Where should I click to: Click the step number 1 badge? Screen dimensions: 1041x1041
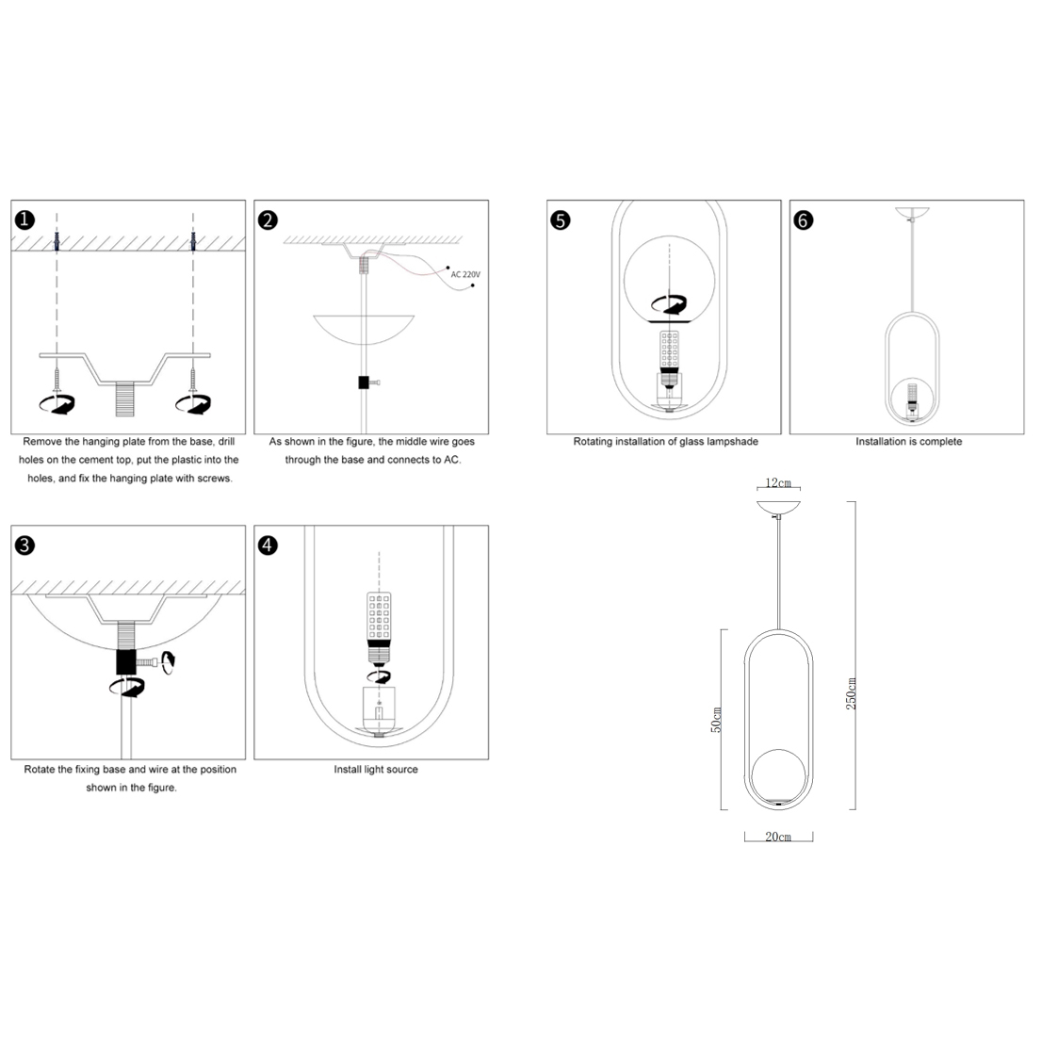(x=24, y=220)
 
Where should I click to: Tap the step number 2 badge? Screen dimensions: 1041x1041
(x=268, y=220)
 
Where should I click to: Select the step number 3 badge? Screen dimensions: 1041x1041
(x=24, y=545)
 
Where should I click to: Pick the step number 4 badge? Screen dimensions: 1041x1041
(x=268, y=545)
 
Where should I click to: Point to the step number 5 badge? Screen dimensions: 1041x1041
(x=561, y=220)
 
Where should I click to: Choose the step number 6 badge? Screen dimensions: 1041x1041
(x=804, y=220)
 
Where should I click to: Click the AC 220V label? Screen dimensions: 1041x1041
(x=465, y=275)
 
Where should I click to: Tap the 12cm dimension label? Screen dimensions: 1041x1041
(x=778, y=482)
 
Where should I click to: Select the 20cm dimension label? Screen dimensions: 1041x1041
(x=778, y=837)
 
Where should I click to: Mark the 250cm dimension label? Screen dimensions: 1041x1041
(x=851, y=693)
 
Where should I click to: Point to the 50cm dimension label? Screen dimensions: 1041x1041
(x=716, y=720)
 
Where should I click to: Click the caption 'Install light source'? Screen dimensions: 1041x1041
(x=376, y=770)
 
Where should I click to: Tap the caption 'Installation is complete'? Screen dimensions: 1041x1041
(x=908, y=442)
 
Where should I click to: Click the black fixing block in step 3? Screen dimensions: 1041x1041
(x=125, y=662)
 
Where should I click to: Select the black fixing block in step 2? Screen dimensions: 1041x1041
(x=364, y=382)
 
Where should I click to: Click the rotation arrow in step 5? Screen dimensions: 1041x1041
(x=669, y=304)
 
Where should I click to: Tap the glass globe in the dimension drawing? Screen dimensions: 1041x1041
(x=779, y=775)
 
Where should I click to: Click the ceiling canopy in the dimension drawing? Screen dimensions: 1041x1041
(x=778, y=508)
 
